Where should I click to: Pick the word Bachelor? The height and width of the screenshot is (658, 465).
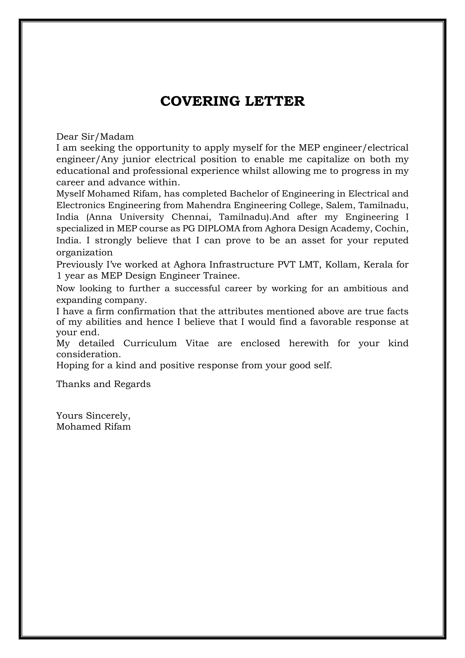pyautogui.click(x=249, y=194)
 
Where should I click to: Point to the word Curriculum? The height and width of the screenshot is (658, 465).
pyautogui.click(x=150, y=343)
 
